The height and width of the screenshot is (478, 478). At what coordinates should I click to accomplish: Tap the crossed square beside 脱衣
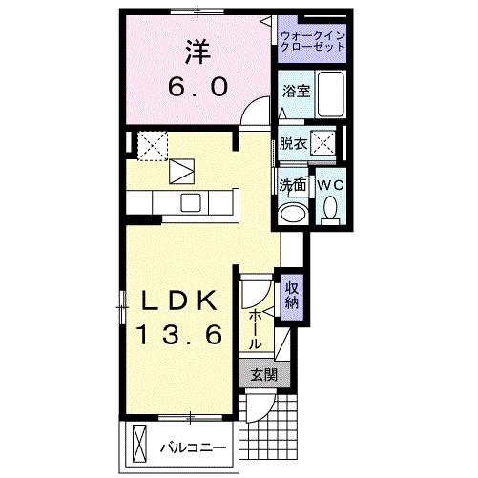pos(324,144)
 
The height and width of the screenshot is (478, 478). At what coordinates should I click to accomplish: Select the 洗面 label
pos(291,184)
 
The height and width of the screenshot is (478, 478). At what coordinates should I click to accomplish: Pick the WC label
pos(329,184)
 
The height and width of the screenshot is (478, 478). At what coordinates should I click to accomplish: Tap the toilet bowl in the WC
pos(330,208)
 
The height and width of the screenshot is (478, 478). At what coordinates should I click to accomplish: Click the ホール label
pos(257,327)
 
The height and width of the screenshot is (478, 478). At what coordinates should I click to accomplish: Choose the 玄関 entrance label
pos(263,375)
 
